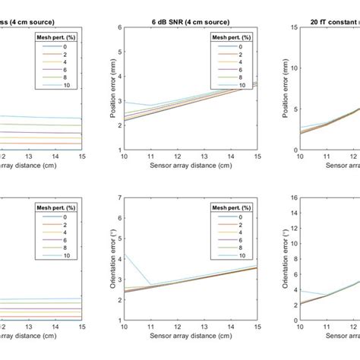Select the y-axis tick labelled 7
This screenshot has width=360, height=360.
coord(118,197)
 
